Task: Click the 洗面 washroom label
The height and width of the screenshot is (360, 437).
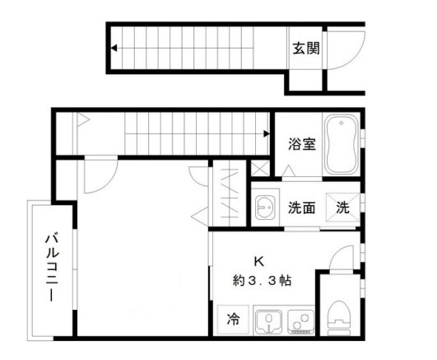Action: (x=301, y=208)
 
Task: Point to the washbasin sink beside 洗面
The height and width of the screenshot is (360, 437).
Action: (x=264, y=207)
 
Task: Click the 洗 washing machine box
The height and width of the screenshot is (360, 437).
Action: (x=342, y=208)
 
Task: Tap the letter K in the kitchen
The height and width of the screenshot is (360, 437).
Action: (x=258, y=262)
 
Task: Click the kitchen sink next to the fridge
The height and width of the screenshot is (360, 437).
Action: (x=267, y=320)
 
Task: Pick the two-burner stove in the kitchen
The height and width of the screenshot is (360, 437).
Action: (x=300, y=320)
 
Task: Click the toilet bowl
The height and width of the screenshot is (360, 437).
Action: (x=339, y=316)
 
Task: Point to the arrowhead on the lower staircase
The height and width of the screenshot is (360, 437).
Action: (x=265, y=132)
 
